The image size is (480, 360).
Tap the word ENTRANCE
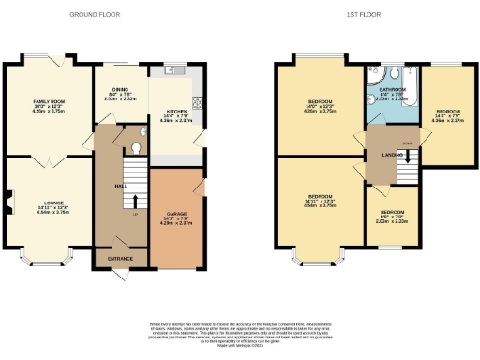tap(120, 259)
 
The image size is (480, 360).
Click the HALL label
tap(121, 187)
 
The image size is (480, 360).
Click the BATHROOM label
tap(386, 90)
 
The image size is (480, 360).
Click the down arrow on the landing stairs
tap(407, 160)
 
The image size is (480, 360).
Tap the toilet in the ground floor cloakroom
tap(140, 146)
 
